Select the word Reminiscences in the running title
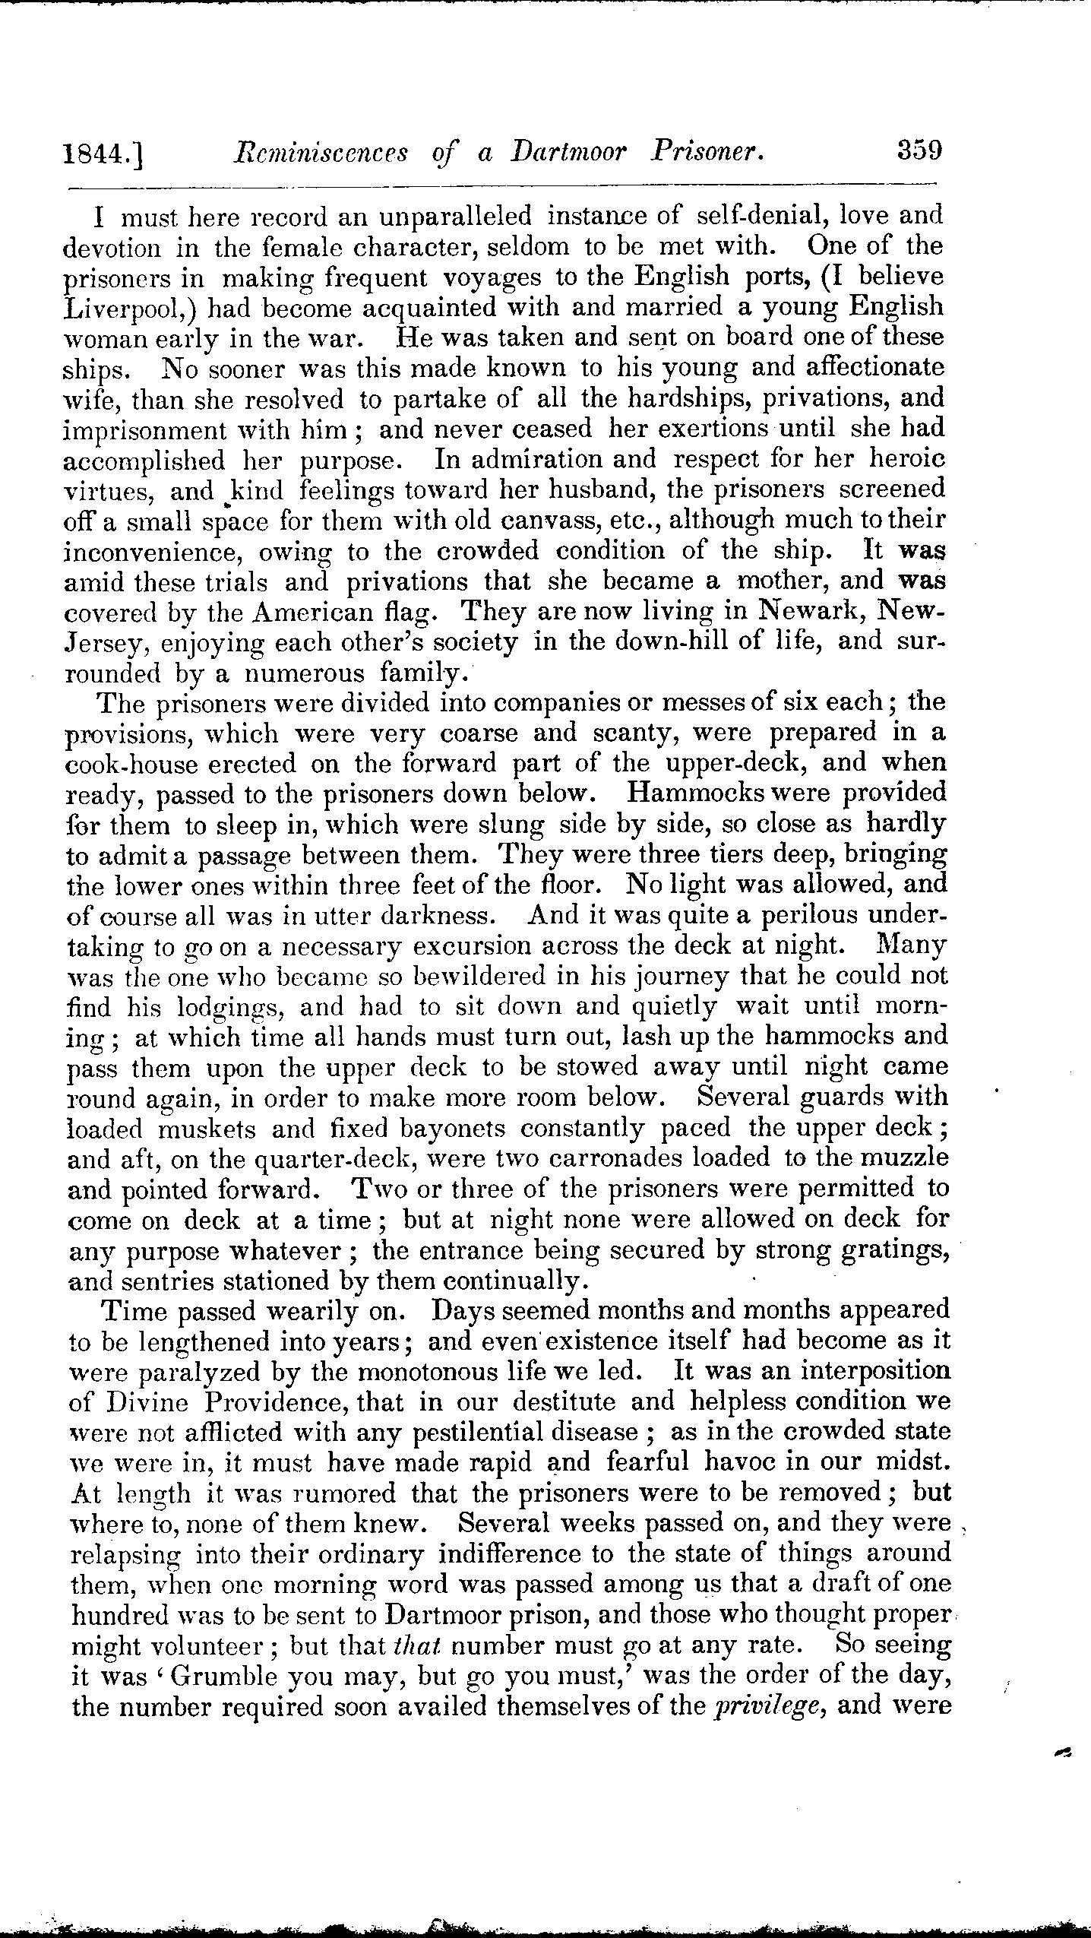318,153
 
